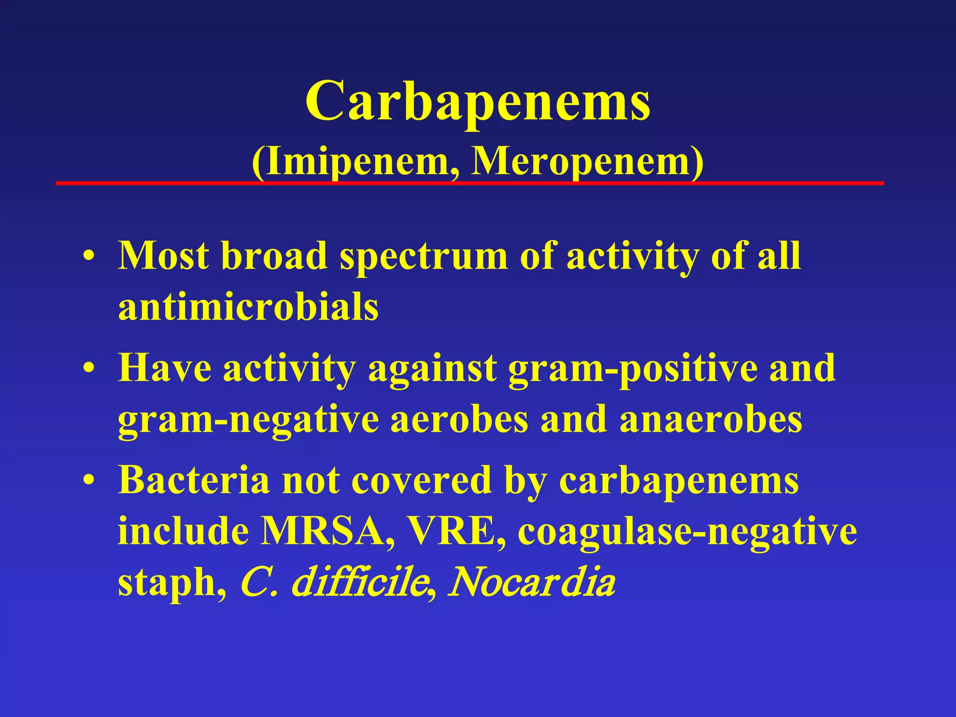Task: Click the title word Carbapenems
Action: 478,100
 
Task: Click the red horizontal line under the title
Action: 470,183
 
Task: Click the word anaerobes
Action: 710,419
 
